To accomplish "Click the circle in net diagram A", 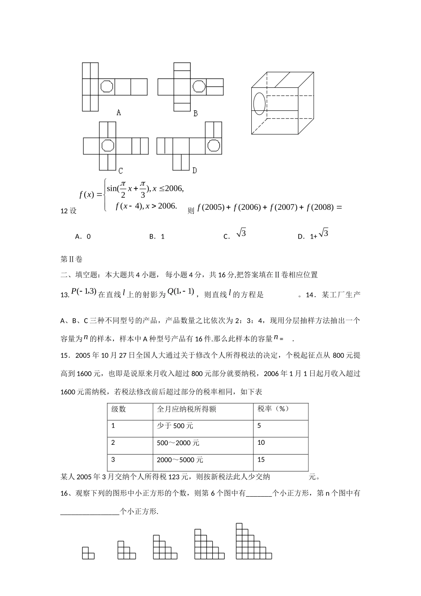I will point(107,86).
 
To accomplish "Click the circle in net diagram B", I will point(199,86).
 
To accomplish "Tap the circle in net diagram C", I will point(107,145).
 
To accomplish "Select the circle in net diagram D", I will point(214,145).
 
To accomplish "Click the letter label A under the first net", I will point(119,113).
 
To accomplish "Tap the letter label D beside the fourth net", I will point(195,170).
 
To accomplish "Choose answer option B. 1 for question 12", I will point(157,237).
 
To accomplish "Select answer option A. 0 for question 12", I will point(83,237).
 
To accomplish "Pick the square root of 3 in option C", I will point(241,233).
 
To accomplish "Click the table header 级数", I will point(119,409).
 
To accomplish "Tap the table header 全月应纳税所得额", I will point(187,409).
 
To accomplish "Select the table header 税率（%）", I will point(273,409).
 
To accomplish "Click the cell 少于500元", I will point(175,426).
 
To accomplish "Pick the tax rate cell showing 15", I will point(261,460).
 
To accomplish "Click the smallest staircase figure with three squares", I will point(88,553).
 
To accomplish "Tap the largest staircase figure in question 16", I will point(253,541).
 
